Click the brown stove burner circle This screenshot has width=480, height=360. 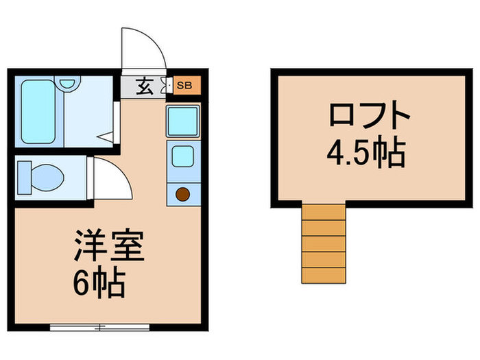(x=183, y=194)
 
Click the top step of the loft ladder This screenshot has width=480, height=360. (x=323, y=212)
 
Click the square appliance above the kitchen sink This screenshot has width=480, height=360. (x=183, y=121)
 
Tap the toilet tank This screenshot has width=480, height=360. (x=21, y=176)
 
